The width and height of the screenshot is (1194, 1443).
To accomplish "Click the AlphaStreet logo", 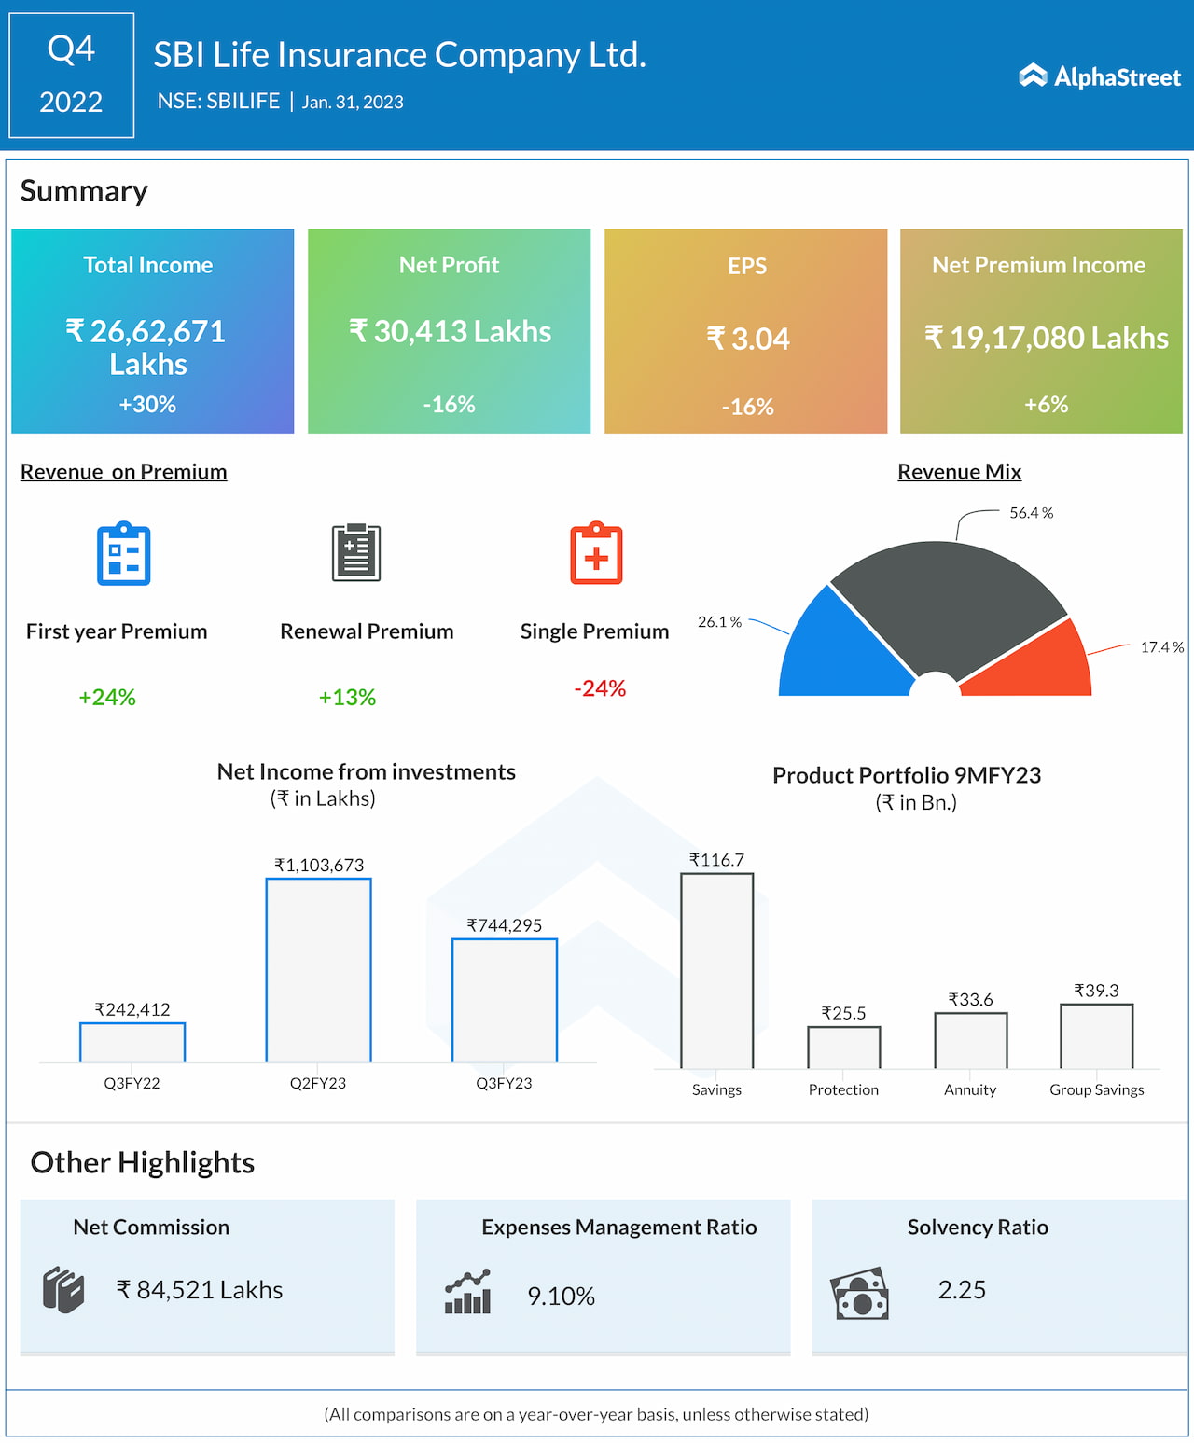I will (x=1100, y=76).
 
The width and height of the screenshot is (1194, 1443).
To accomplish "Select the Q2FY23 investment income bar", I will (x=318, y=970).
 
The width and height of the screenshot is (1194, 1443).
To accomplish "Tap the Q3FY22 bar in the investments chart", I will (x=132, y=1043).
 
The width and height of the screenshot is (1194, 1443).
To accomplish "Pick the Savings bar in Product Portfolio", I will (x=716, y=970).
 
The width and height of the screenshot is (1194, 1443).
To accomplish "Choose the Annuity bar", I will (x=970, y=1040).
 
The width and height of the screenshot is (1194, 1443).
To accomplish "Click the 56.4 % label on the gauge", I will (x=1031, y=513).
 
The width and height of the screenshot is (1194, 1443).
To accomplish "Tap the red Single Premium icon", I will (x=596, y=553).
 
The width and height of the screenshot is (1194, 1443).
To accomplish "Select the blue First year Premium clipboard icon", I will (x=124, y=554).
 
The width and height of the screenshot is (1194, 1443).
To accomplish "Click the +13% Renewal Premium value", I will (x=347, y=697).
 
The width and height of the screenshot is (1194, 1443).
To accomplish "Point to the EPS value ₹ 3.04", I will (x=748, y=339).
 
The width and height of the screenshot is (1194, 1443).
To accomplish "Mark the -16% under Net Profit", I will (x=449, y=404).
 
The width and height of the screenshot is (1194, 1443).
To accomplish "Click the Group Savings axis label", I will (x=1096, y=1089).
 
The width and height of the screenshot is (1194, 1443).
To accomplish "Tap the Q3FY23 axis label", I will (x=504, y=1083).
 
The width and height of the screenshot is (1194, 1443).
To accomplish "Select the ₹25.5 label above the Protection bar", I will (x=843, y=1013).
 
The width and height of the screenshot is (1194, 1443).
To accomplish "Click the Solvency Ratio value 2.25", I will (x=962, y=1290).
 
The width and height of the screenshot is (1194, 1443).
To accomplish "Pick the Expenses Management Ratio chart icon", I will (x=467, y=1292).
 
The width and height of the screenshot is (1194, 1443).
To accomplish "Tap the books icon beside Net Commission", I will (x=63, y=1290).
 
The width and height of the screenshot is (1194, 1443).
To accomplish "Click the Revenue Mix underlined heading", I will (x=959, y=472).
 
